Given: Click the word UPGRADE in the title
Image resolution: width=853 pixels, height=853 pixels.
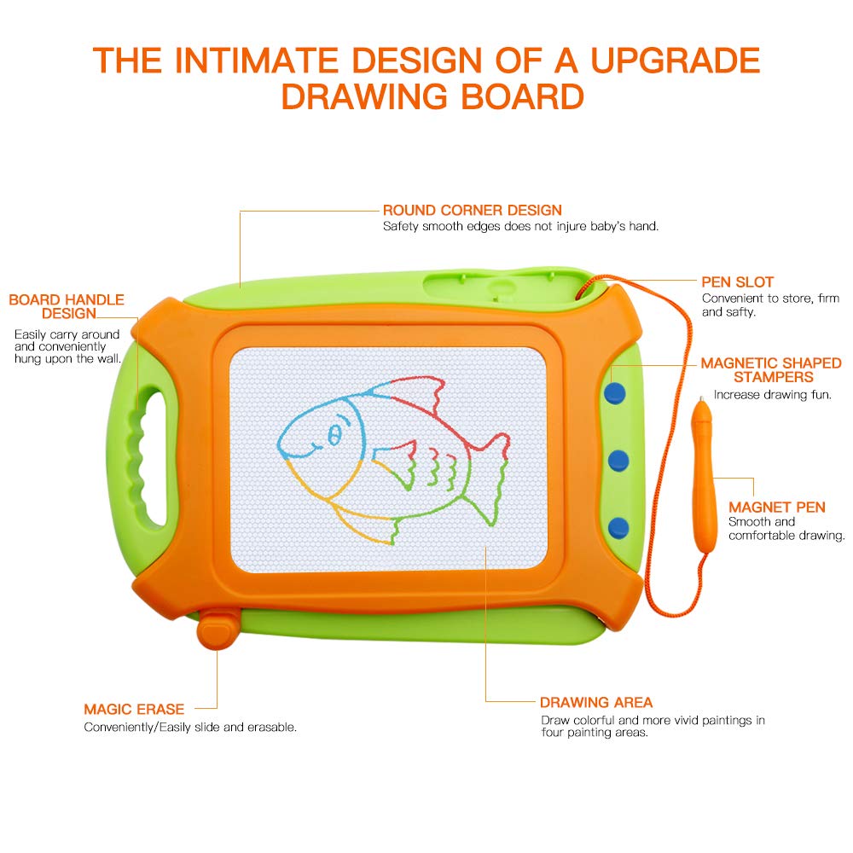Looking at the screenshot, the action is point(675,60).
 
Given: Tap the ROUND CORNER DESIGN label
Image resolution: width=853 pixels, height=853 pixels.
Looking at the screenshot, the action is point(473,211).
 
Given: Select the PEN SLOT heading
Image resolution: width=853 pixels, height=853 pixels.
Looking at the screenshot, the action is point(737,281).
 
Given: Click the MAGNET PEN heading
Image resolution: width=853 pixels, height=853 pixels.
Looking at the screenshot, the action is point(777,507).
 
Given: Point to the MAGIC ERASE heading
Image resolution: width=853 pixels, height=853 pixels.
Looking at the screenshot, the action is point(134,710).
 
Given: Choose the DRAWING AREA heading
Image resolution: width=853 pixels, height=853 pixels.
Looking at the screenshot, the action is point(596,702).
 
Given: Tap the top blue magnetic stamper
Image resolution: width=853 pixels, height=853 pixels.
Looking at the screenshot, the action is point(615,392).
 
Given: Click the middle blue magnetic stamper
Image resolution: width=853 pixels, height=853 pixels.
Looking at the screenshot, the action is point(618,461).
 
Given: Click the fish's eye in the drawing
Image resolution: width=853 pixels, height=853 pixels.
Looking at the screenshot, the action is point(334,433).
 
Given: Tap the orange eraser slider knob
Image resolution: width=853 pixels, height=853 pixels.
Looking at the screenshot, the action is point(218,630).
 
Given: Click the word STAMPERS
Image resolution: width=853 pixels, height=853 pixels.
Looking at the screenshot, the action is point(773,378).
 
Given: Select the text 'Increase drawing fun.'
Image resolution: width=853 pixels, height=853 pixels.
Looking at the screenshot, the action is point(773,395).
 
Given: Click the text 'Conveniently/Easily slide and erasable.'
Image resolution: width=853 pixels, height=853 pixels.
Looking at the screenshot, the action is point(190,728).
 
